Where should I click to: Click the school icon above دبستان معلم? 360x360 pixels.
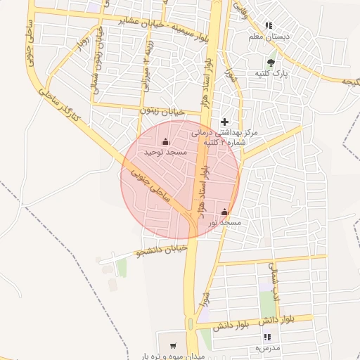(270, 25)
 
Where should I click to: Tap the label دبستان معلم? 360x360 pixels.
(270, 35)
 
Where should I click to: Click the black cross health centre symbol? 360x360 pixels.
(224, 122)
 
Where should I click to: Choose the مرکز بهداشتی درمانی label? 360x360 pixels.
(225, 132)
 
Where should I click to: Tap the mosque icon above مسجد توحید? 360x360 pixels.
(165, 141)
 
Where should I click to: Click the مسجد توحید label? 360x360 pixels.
(165, 152)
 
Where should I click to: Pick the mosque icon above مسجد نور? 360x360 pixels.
(224, 212)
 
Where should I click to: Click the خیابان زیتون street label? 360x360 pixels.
(162, 110)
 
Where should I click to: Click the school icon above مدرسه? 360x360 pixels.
(267, 338)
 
